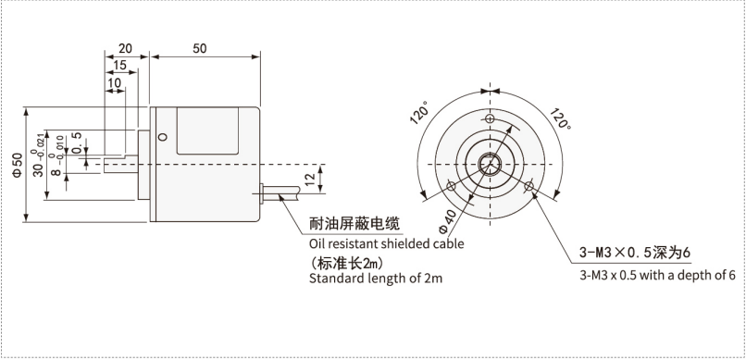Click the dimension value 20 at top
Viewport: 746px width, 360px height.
point(125,47)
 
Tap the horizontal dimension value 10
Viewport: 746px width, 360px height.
point(114,84)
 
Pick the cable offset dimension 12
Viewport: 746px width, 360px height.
point(309,180)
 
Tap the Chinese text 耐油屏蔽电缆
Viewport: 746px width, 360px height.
point(354,224)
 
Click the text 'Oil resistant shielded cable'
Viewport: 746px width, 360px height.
point(386,244)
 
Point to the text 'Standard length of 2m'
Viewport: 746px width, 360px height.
point(376,279)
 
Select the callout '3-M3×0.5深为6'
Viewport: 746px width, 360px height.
point(636,253)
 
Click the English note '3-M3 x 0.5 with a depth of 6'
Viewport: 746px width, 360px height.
point(657,275)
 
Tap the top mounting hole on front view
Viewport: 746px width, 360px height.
point(490,119)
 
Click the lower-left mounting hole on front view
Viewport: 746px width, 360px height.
point(451,186)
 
